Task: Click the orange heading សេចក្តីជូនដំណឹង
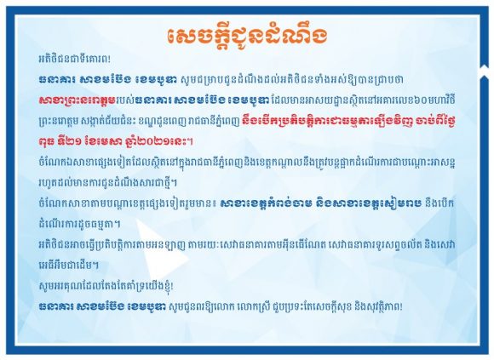click(x=247, y=37)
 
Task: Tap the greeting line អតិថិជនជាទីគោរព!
click(x=74, y=59)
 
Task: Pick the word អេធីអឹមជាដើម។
click(x=69, y=265)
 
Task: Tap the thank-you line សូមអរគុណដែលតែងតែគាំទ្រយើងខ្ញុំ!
click(x=106, y=286)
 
